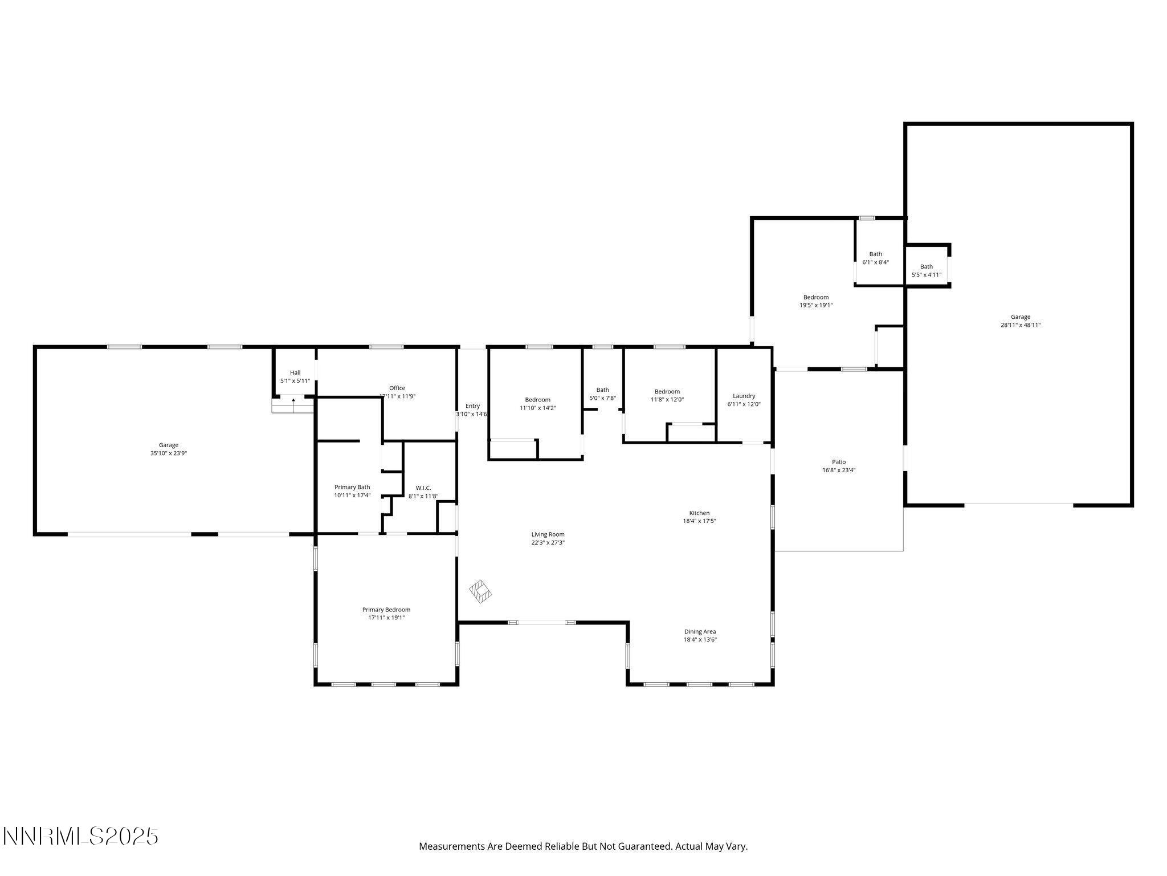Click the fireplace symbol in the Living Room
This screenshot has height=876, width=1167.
coord(480,591)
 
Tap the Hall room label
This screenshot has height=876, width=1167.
coord(295,372)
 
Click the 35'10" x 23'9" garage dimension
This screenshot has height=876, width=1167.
coord(169,453)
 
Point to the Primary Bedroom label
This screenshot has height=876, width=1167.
coord(386,610)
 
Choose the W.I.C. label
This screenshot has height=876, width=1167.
coord(423,488)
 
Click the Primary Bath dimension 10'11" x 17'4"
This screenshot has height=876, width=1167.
coord(352,495)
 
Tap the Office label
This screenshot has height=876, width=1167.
coord(397,388)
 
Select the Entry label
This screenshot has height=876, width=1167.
coord(472,406)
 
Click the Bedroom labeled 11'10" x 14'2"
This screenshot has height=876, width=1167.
coord(537,400)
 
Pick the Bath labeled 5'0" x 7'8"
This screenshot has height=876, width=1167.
coord(602,390)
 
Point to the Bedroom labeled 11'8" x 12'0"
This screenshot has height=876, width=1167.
coord(667,391)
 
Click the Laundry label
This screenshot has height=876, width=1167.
coord(744,396)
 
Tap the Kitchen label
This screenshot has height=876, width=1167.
coord(699,513)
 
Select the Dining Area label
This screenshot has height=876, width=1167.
coord(700,631)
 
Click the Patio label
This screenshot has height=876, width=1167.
coord(839,462)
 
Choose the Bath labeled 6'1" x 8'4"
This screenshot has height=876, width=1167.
coord(875,254)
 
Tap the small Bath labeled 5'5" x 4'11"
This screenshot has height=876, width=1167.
coord(927,266)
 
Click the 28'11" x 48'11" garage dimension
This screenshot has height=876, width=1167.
coord(1021,325)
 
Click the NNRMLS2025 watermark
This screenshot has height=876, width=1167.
coord(80,837)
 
